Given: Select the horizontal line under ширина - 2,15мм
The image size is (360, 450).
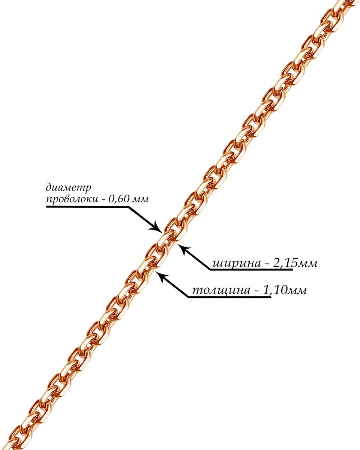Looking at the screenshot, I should coord(251,270).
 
